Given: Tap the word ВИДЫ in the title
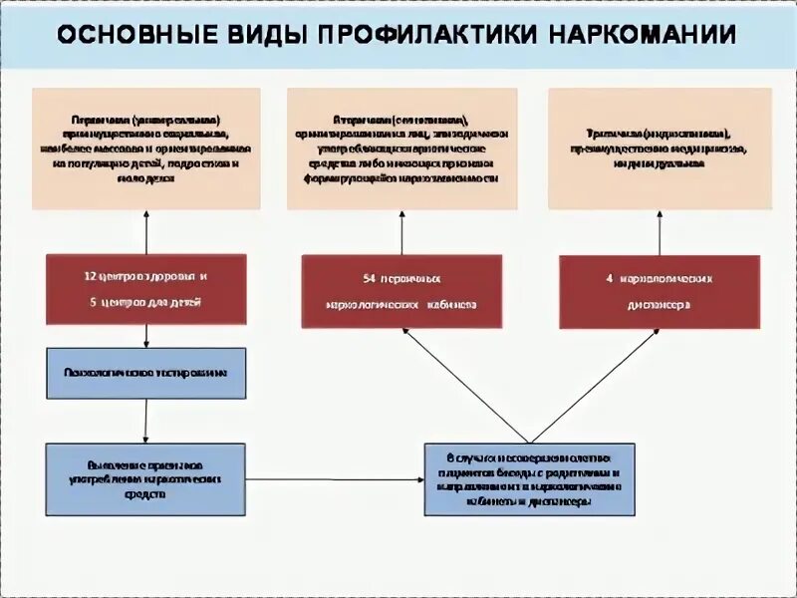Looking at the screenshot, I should (267, 35).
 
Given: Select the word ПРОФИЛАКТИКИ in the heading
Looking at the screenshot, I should (427, 35).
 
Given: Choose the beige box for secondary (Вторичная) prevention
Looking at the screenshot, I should (401, 149).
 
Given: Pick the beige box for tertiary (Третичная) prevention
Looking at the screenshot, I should (660, 149).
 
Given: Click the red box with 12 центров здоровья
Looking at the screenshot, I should (146, 289).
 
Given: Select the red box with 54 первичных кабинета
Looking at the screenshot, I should (401, 291).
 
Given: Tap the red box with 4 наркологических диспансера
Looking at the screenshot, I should (660, 291).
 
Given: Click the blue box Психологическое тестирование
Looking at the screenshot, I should (146, 373).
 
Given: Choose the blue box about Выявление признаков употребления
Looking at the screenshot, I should (146, 478).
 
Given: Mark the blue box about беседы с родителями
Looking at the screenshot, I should (529, 479).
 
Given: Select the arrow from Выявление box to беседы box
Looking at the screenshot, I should (335, 479).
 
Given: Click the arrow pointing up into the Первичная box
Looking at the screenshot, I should (146, 231).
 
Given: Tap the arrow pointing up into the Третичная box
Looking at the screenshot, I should (660, 232).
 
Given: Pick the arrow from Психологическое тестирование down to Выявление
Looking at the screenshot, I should (146, 421).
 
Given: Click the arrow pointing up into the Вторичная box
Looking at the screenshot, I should (401, 232).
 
